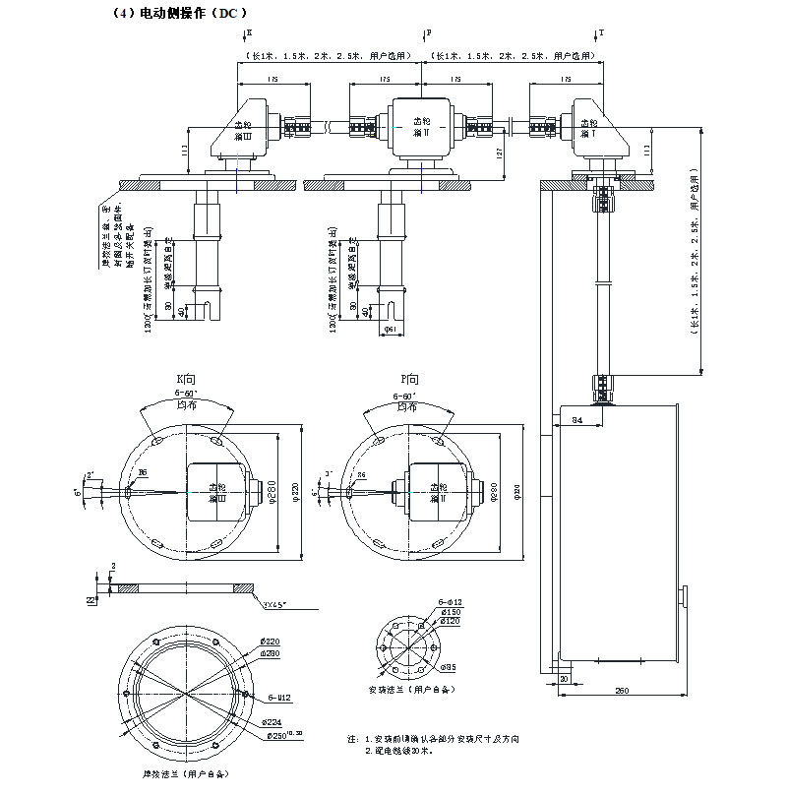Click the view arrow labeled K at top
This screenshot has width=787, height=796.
(x=245, y=33)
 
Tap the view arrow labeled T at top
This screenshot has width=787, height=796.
(x=598, y=33)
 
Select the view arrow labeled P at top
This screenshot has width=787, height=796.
(x=426, y=33)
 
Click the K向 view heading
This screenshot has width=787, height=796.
(x=187, y=379)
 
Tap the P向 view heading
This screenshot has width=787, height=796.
(x=411, y=379)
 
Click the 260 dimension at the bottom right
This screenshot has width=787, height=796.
(x=622, y=690)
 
